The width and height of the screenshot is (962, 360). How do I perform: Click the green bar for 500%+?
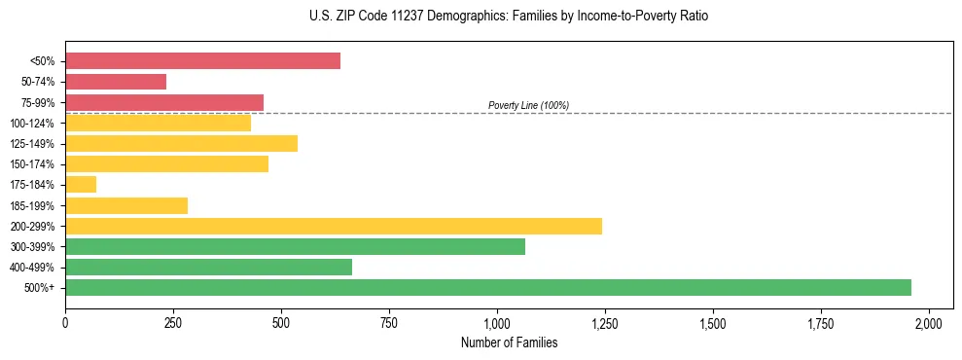pyautogui.click(x=487, y=287)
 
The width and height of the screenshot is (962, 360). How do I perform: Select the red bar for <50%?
pyautogui.click(x=202, y=61)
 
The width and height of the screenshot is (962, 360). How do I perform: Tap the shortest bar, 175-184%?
pyautogui.click(x=81, y=185)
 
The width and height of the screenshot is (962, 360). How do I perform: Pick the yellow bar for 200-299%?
pyautogui.click(x=334, y=226)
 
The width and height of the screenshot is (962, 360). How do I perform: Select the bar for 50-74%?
pyautogui.click(x=116, y=82)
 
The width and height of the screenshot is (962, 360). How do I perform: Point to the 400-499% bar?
pyautogui.click(x=208, y=267)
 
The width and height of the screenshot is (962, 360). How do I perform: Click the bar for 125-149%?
pyautogui.click(x=181, y=144)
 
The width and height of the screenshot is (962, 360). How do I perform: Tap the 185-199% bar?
pyautogui.click(x=126, y=205)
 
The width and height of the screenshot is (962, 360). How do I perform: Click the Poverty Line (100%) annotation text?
pyautogui.click(x=528, y=105)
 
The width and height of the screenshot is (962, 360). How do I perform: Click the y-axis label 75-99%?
pyautogui.click(x=38, y=103)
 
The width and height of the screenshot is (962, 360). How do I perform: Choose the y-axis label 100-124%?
pyautogui.click(x=35, y=124)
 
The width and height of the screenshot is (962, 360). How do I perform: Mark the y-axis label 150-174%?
pyautogui.click(x=35, y=164)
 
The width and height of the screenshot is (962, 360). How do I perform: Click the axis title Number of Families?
pyautogui.click(x=509, y=342)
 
